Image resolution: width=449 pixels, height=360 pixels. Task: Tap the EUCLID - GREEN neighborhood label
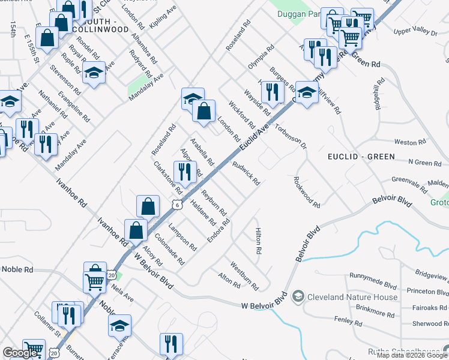[361, 157]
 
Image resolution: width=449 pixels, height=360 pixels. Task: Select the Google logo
[20, 353]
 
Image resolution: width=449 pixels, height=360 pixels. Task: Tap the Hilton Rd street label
[258, 240]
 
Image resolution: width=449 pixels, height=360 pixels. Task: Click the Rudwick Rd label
[246, 173]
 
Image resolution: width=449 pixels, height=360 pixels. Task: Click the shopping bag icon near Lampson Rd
[148, 206]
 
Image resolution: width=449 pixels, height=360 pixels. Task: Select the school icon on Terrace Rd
[120, 325]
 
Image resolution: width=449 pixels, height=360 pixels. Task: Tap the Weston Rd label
[410, 142]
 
